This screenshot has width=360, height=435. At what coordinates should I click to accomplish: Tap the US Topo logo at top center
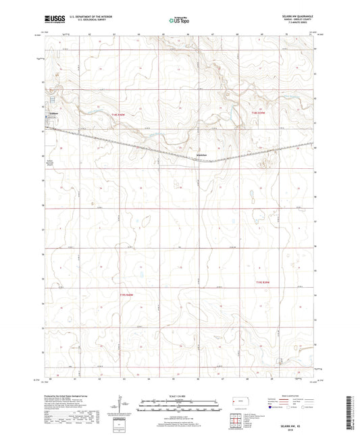[x=178, y=21]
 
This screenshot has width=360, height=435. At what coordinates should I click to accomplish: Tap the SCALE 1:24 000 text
[x=179, y=396]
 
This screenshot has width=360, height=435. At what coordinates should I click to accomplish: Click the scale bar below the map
[x=179, y=406]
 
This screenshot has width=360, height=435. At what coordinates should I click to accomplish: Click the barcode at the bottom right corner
[x=349, y=412]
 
